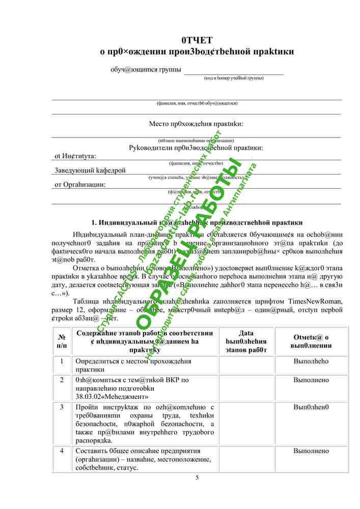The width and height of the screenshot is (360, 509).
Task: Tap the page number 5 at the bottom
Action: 197,477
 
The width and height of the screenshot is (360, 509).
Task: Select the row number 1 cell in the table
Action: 62,361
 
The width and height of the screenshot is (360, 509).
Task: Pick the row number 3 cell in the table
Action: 62,407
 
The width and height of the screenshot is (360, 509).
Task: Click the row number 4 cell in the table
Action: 62,451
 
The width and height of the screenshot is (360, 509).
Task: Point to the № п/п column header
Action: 62,341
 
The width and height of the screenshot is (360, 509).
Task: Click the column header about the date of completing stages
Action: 246,341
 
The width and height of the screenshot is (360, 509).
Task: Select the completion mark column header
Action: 311,341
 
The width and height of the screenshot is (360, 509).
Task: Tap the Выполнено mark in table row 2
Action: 311,380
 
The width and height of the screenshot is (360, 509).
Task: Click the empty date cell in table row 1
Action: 246,365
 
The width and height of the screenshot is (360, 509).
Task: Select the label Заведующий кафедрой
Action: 90,171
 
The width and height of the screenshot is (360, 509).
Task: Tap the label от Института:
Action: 75,156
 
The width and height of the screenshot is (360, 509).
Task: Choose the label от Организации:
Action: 80,185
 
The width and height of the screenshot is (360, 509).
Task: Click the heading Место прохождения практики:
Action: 196,124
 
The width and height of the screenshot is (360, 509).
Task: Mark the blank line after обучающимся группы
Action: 233,71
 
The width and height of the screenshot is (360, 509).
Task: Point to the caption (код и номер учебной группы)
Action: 234,78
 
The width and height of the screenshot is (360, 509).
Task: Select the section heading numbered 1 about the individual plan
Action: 197,222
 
